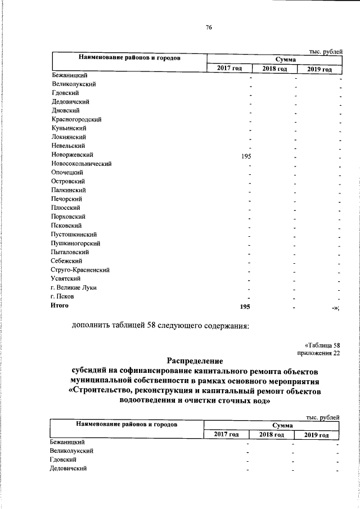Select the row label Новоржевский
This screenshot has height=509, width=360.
tap(71, 154)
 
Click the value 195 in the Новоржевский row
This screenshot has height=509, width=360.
tap(245, 156)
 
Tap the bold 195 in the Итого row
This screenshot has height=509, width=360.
tap(245, 307)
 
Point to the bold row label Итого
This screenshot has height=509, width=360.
tap(59, 305)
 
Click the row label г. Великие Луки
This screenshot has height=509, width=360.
tap(73, 287)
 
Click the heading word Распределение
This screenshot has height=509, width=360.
tap(195, 360)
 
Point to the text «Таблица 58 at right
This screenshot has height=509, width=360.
tap(322, 344)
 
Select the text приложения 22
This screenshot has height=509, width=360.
tap(318, 352)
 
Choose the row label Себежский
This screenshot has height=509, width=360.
tap(66, 260)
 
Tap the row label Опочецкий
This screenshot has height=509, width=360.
tap(67, 172)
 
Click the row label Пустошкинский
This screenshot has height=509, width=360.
tap(74, 234)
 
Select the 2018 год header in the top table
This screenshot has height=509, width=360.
tap(274, 69)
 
